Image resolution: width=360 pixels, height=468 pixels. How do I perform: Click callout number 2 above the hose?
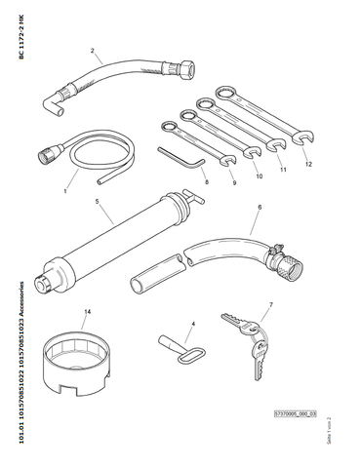(93, 51)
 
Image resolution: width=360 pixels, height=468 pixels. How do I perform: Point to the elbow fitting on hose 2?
(53, 104)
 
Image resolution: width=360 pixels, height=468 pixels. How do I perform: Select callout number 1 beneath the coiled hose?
(65, 191)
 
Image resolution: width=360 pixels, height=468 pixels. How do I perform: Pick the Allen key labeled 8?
(181, 159)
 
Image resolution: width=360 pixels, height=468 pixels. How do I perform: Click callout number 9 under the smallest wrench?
(234, 183)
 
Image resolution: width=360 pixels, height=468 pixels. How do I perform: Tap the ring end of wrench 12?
(226, 94)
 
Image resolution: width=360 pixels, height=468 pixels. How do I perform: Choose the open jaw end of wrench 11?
(276, 144)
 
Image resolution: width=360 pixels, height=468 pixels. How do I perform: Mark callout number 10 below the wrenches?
(259, 176)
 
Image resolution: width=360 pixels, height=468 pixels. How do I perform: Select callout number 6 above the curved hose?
(260, 207)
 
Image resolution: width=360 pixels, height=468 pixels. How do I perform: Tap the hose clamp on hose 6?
(275, 254)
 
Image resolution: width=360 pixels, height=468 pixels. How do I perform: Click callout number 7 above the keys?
(270, 304)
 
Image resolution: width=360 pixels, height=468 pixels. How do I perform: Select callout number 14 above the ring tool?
(87, 312)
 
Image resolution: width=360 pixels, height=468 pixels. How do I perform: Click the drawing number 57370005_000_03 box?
(295, 414)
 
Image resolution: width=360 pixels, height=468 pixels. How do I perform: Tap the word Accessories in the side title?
(21, 299)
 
